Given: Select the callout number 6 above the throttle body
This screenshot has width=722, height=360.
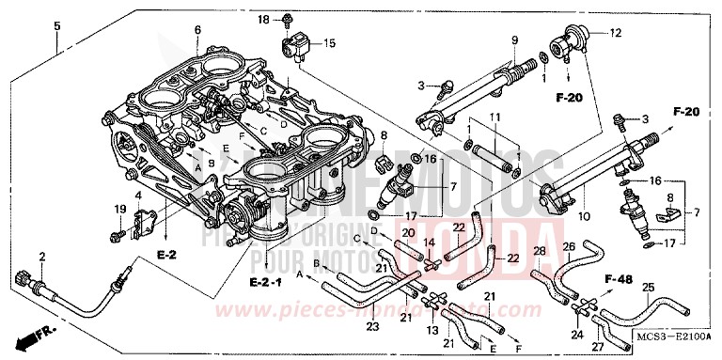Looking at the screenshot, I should tap(197, 30).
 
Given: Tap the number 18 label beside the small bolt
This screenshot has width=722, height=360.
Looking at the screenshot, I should tap(262, 20).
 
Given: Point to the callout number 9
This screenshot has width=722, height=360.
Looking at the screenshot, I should tap(515, 39).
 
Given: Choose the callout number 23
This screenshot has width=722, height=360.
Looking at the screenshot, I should tap(372, 327).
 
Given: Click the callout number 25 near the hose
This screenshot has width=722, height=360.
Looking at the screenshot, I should tap(648, 287).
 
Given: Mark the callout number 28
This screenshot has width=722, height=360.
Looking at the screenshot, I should tap(539, 251).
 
